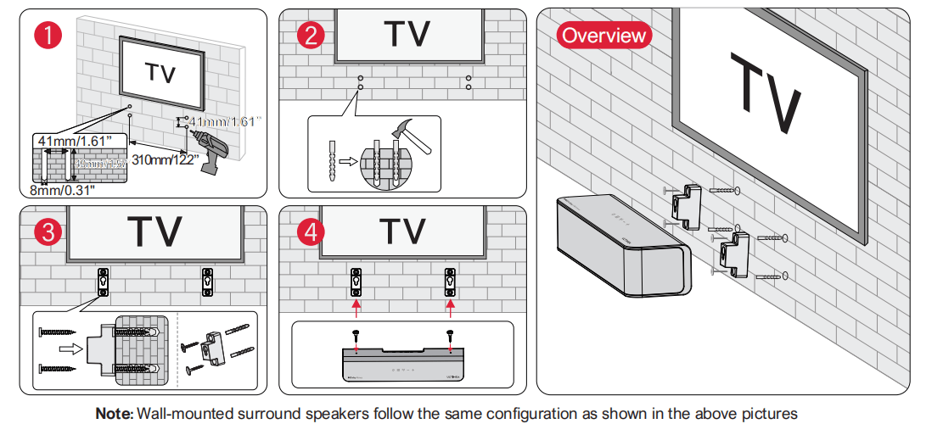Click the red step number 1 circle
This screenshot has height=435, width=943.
pyautogui.click(x=46, y=36)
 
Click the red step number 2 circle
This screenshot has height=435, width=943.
pyautogui.click(x=311, y=36)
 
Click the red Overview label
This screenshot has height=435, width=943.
pyautogui.click(x=603, y=36)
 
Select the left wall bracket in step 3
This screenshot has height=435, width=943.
pyautogui.click(x=102, y=281)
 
